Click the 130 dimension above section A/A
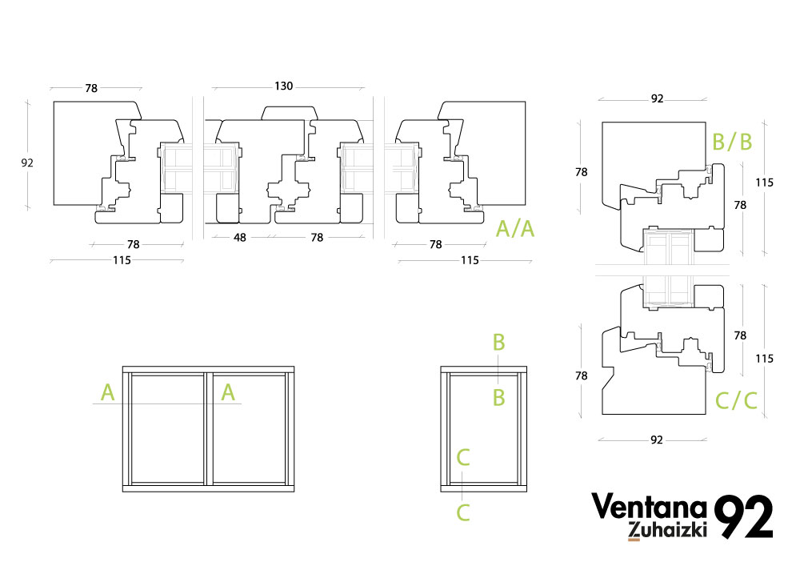(283, 86)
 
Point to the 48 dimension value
(240, 237)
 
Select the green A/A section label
(515, 229)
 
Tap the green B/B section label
(732, 143)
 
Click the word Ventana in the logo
(649, 507)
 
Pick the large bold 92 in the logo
(743, 517)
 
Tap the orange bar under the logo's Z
(634, 539)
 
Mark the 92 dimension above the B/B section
(657, 99)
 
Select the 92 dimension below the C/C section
(657, 440)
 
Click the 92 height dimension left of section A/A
(27, 163)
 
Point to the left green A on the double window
(108, 392)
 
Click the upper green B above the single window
(498, 343)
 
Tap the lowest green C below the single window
(463, 512)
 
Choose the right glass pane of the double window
(246, 429)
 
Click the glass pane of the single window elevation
(485, 429)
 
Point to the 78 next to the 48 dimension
(317, 237)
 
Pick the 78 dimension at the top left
(91, 88)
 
